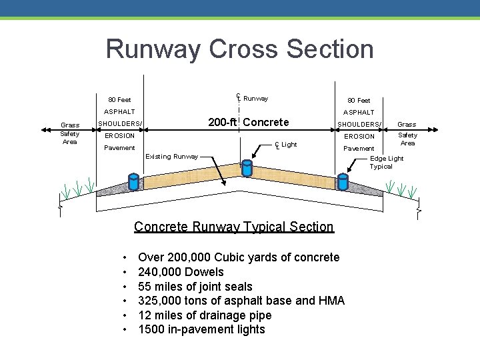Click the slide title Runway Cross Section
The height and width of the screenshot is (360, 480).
tap(239, 49)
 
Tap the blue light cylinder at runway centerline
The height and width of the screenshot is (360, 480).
tap(247, 167)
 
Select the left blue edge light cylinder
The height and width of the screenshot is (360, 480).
tap(133, 181)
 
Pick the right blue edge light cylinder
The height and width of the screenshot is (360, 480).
tap(343, 181)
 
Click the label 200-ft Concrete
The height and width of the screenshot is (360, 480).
tap(249, 122)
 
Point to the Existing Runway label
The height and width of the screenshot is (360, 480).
tap(172, 157)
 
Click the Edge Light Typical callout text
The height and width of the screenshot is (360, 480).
tap(387, 163)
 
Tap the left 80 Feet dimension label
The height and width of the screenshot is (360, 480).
tap(119, 100)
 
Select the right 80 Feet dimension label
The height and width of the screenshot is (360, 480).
tap(359, 100)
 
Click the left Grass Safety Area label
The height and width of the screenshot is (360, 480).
tap(70, 133)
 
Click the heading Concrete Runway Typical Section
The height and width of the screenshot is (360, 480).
tap(233, 227)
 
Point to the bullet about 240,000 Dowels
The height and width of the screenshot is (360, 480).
tap(181, 272)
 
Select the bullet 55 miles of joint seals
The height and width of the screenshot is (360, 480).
tap(195, 287)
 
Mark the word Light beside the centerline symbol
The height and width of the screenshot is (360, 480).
tap(289, 145)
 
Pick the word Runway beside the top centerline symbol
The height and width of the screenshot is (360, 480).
tap(255, 99)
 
